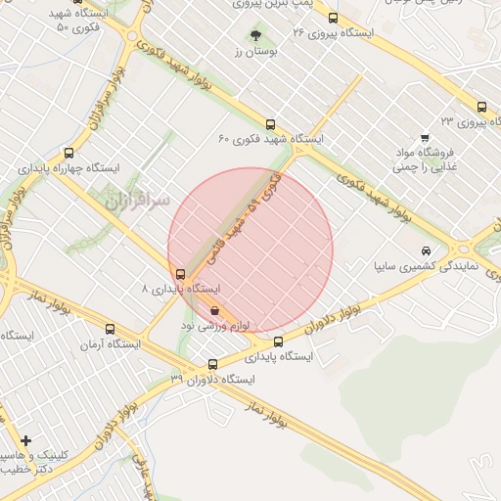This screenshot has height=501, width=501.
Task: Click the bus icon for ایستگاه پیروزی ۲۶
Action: (x=333, y=18)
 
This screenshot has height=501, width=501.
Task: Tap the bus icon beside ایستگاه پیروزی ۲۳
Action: (x=480, y=107)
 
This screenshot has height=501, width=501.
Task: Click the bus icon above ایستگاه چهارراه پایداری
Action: (x=68, y=153)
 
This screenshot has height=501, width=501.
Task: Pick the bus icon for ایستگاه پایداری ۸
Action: (x=179, y=274)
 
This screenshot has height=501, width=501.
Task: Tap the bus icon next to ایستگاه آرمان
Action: (x=109, y=330)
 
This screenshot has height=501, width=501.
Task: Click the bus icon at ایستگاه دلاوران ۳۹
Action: (x=212, y=364)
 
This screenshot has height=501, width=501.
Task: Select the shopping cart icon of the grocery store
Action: (x=424, y=138)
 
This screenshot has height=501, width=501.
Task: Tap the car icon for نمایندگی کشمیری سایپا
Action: (x=424, y=250)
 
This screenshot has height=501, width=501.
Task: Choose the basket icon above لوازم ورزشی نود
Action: (x=215, y=309)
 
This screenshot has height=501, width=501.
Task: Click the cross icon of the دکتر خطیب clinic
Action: (x=25, y=441)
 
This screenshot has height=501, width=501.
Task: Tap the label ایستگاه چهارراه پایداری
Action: (x=68, y=168)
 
